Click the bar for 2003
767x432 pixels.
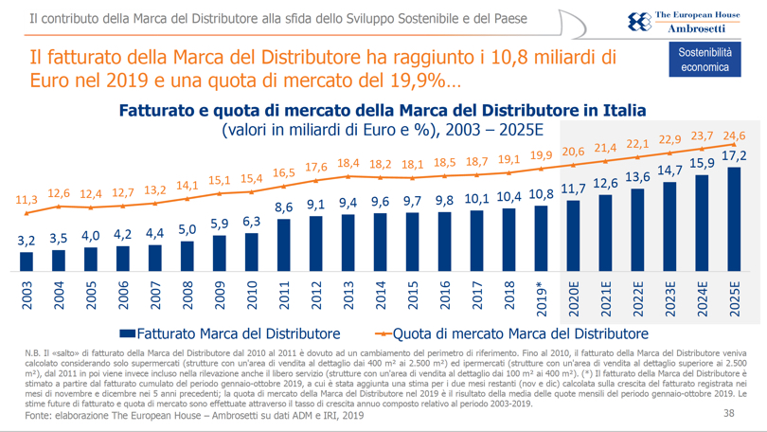(x=27, y=261)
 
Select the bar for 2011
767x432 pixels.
(x=284, y=244)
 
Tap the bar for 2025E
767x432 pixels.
(x=735, y=219)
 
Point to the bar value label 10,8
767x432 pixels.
(x=541, y=195)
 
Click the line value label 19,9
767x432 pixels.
(x=542, y=155)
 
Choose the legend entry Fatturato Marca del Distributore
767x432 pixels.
(x=230, y=333)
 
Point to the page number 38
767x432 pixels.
(x=728, y=413)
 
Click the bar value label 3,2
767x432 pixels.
(x=27, y=241)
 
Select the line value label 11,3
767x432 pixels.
(x=27, y=200)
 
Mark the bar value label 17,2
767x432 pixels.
(x=735, y=155)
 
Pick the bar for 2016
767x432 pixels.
(x=445, y=241)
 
